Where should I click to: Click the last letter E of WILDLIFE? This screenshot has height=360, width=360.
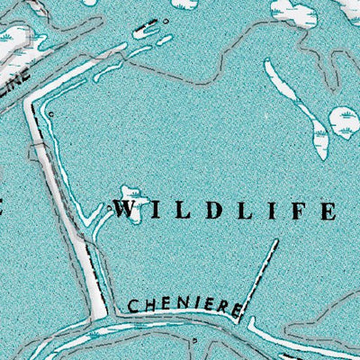tap(327, 212)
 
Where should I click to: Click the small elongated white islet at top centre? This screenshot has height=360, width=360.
tap(145, 31)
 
